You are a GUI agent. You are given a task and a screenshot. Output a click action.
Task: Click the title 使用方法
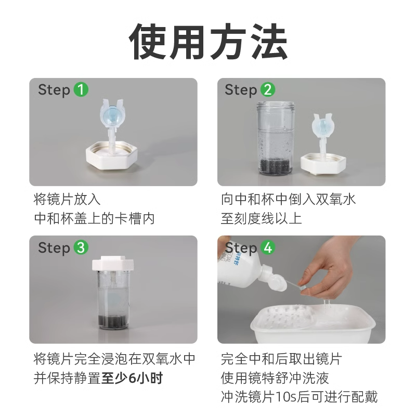208,42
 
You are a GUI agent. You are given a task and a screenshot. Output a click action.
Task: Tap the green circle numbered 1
81,89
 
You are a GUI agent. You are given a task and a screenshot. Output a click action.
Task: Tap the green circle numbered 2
267,89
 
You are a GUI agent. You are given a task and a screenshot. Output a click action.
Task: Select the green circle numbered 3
81,248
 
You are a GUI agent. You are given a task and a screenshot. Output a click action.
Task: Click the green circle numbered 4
267,248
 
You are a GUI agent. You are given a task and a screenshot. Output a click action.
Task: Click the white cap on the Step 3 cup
113,264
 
